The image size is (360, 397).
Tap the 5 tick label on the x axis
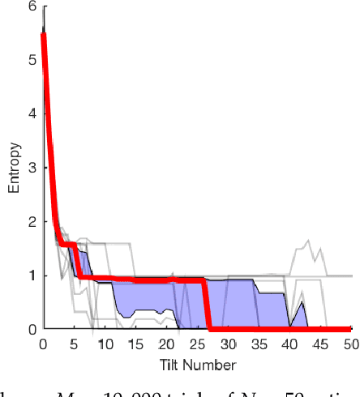[x=74, y=344]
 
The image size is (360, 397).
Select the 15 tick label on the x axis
[x=135, y=344]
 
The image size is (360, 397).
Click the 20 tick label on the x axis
[x=166, y=344]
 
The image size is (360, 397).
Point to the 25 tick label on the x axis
[x=197, y=344]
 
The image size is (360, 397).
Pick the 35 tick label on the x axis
[x=259, y=344]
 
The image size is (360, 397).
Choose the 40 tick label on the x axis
[x=290, y=344]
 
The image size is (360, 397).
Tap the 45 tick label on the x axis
[x=321, y=344]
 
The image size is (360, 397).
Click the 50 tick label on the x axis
[x=351, y=344]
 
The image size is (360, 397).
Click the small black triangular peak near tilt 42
[x=302, y=304]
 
